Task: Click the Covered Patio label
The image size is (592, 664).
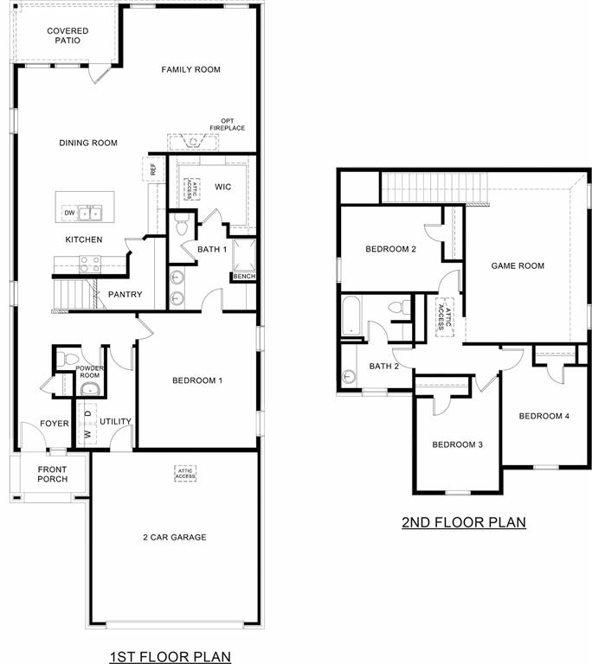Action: (x=67, y=35)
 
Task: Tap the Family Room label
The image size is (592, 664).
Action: (x=190, y=69)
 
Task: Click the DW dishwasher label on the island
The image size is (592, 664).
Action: (x=68, y=213)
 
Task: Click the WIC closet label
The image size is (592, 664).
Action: (x=222, y=186)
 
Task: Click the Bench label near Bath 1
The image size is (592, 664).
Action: (x=242, y=277)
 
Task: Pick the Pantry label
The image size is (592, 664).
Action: (x=125, y=295)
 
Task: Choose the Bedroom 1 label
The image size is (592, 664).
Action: (x=197, y=380)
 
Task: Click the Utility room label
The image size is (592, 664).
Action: (x=115, y=422)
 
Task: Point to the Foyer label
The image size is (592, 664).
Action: (x=30, y=424)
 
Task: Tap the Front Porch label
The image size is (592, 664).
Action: (x=52, y=475)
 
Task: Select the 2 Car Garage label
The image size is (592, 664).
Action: (x=175, y=537)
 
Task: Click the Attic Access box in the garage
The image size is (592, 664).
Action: (x=185, y=474)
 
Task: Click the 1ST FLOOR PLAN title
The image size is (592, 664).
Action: (x=171, y=656)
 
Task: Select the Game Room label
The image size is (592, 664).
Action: (x=518, y=265)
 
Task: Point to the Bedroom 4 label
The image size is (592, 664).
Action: (x=544, y=416)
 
